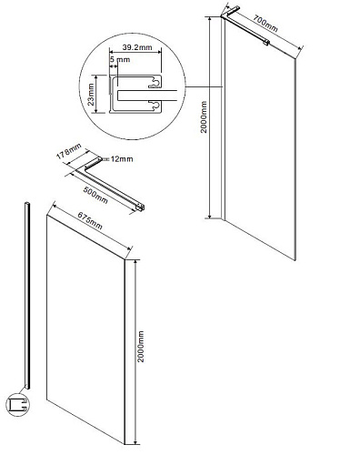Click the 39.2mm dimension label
point(137,47)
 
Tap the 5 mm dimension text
point(120,59)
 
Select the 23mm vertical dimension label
point(91,95)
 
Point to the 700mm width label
point(265,24)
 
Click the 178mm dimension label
point(69,151)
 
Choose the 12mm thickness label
point(122,159)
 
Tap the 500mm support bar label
point(95,195)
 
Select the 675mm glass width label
point(90,220)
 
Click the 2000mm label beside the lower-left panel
point(141,347)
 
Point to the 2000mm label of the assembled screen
point(204,117)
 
